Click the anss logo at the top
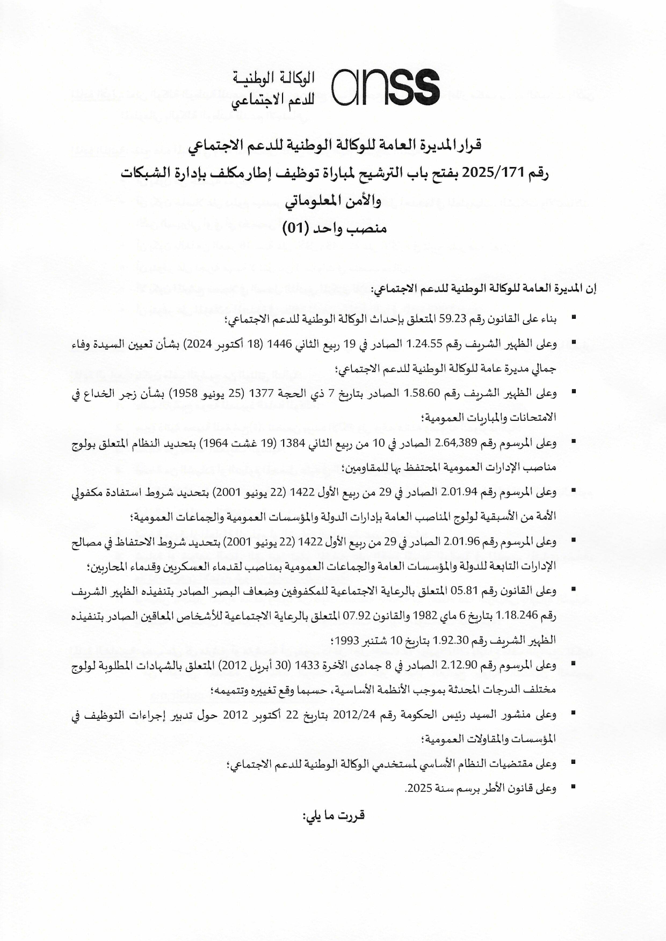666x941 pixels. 386,86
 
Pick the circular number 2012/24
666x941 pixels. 354,714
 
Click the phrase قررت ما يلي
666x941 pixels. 334,815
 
